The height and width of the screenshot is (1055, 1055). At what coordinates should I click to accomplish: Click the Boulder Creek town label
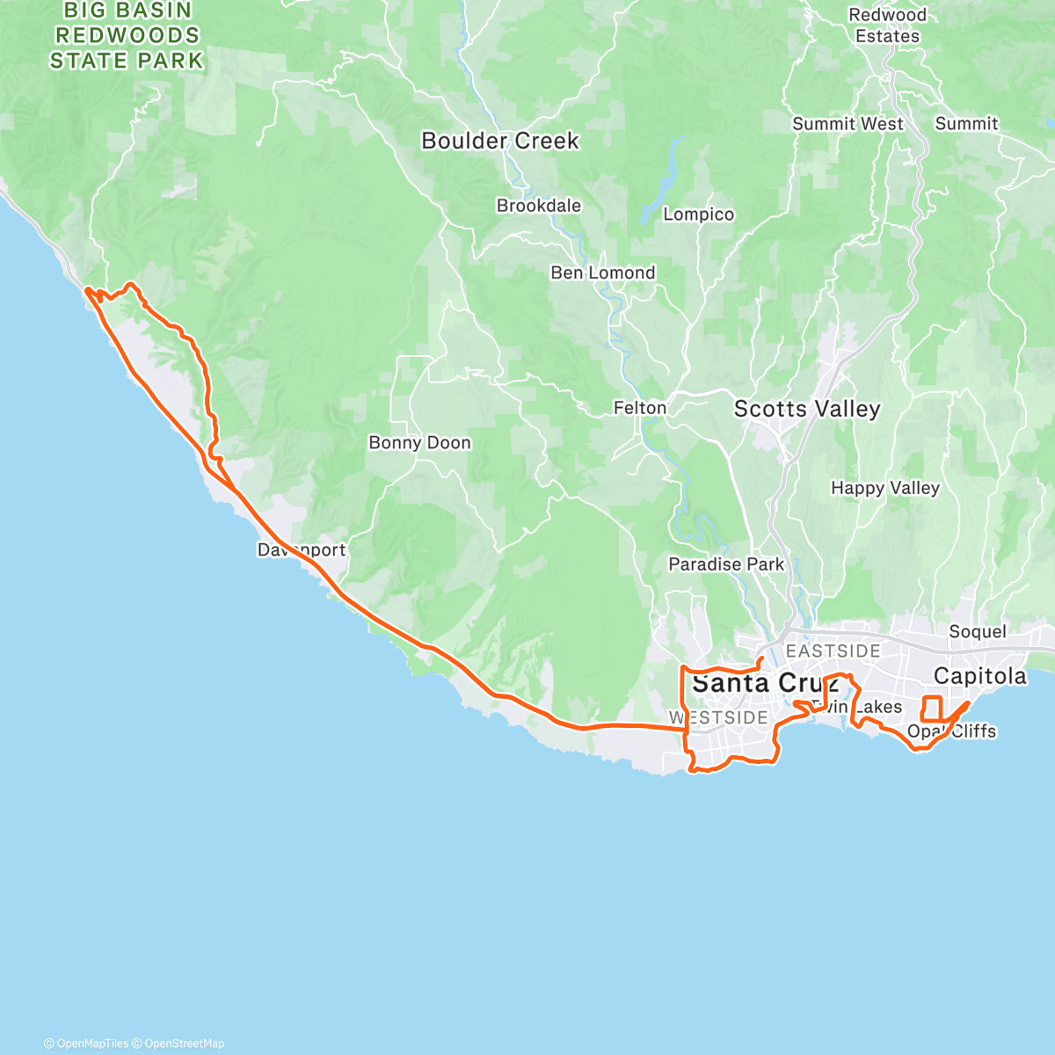[x=500, y=141]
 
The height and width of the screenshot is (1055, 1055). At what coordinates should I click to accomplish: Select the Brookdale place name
[x=538, y=206]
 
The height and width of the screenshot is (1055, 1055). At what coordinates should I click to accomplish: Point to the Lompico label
[x=698, y=215]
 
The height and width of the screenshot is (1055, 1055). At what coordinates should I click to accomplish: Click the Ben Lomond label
[x=602, y=273]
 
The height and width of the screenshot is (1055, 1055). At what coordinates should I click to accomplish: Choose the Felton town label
[x=639, y=408]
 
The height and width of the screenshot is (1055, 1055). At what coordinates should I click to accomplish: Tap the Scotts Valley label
[x=806, y=409]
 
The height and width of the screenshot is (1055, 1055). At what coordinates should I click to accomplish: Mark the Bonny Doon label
[x=419, y=443]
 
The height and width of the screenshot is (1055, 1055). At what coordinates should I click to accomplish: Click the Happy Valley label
[x=884, y=488]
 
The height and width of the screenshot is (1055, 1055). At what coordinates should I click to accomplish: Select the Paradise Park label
[x=725, y=564]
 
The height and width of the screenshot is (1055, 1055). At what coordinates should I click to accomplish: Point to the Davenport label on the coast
[x=302, y=550]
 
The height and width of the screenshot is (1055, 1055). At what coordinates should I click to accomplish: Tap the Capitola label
[x=979, y=676]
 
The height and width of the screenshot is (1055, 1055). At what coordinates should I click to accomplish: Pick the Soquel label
[x=977, y=632]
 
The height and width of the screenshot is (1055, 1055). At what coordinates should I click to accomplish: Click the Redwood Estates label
[x=887, y=25]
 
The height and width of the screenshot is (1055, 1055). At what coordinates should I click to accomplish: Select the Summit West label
[x=847, y=124]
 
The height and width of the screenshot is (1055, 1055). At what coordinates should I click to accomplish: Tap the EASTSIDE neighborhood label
[x=833, y=651]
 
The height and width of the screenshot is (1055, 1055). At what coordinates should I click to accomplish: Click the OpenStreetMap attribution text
[x=184, y=1044]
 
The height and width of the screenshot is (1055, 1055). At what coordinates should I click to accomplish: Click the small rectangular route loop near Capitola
[x=931, y=709]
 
